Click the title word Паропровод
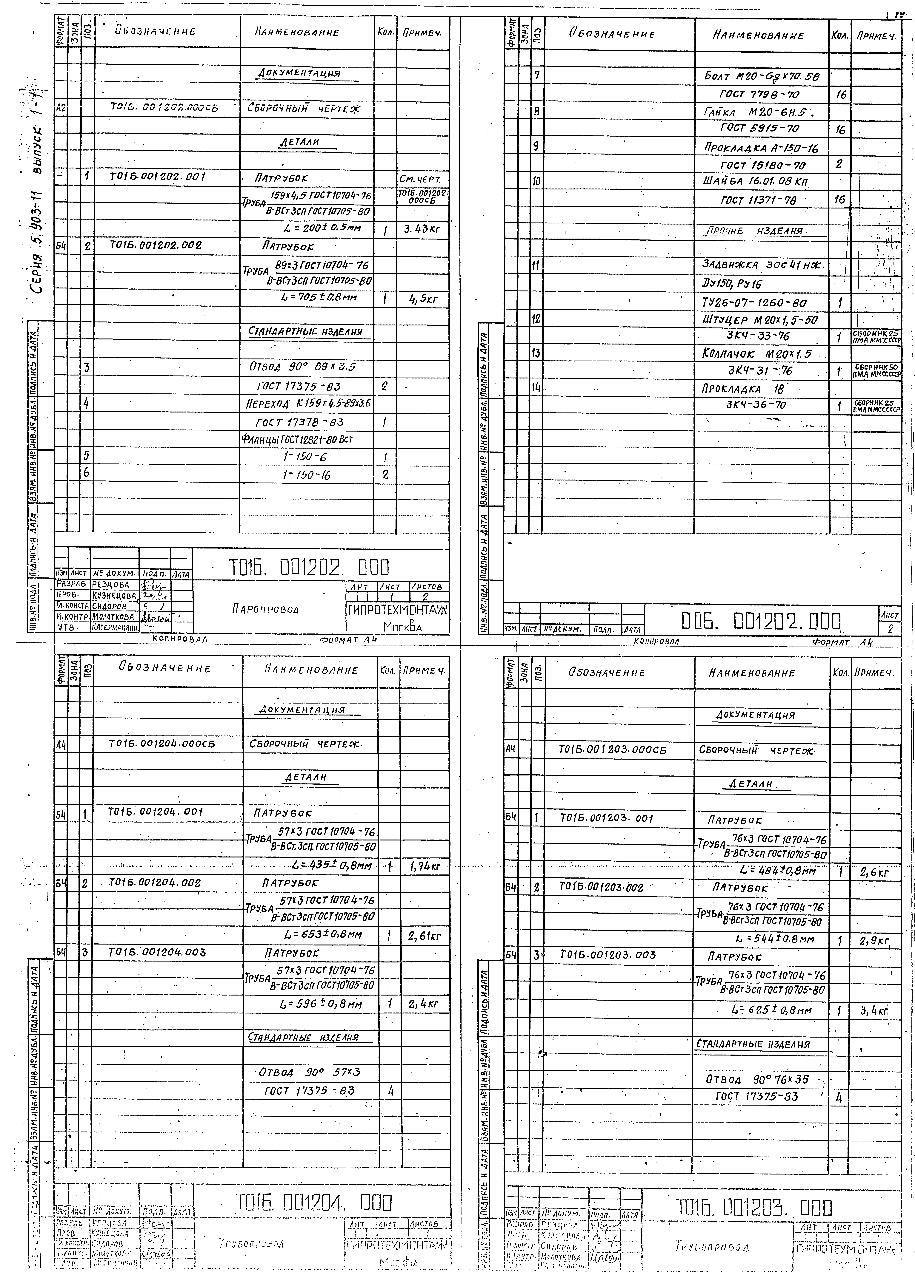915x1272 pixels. (x=265, y=609)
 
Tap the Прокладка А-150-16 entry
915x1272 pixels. (x=761, y=148)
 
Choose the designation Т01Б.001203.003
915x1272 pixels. (x=608, y=955)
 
